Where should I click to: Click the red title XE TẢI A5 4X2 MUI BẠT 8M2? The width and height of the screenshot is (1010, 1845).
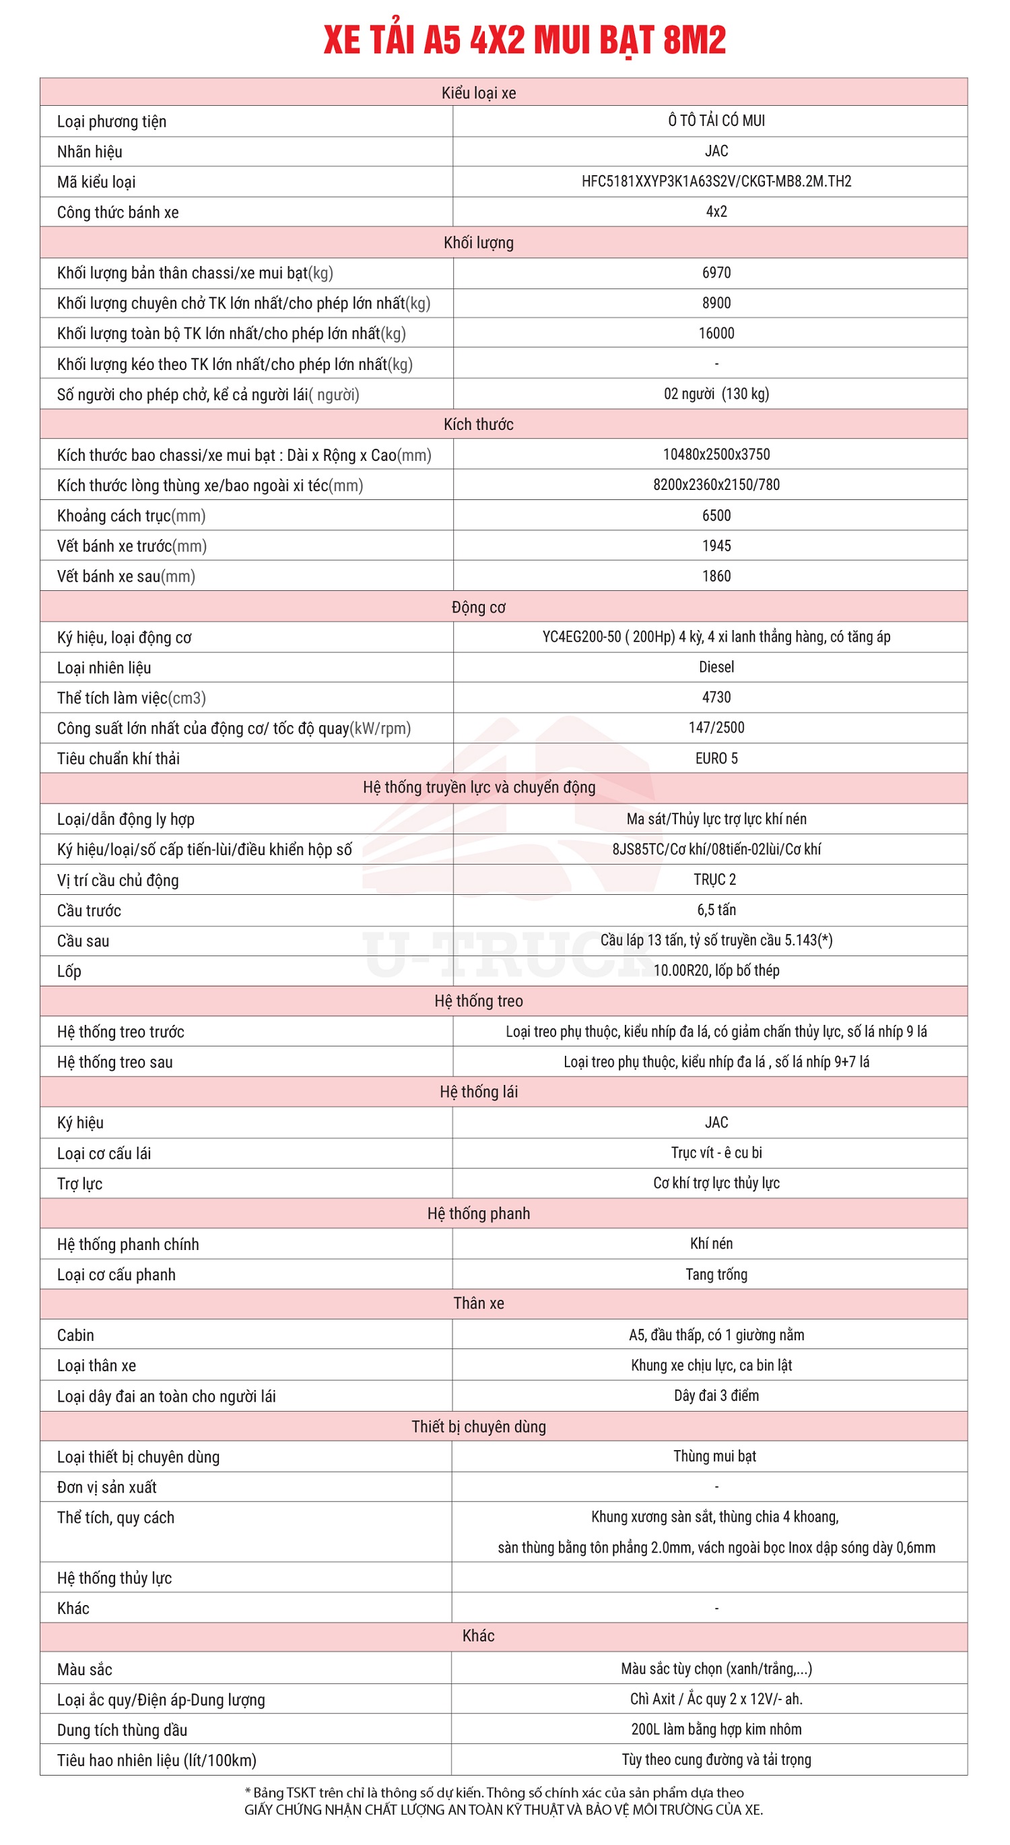524,40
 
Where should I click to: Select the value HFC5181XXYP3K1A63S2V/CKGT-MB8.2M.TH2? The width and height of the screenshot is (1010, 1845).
716,181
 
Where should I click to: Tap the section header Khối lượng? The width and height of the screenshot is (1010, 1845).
478,243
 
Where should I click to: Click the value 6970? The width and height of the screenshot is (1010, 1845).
716,273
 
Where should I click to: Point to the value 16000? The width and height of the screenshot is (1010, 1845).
716,333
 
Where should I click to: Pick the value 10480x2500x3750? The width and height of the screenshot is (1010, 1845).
716,454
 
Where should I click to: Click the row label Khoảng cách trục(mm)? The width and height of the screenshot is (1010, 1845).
131,515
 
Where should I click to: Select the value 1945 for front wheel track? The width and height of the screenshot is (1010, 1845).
716,546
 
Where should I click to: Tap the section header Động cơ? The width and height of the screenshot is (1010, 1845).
478,607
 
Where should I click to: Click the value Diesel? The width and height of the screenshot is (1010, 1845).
716,667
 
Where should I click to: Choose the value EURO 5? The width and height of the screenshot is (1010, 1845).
716,759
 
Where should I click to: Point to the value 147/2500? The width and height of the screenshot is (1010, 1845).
716,728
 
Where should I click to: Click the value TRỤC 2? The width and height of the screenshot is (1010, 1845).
714,879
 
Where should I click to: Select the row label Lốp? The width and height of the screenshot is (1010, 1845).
69,971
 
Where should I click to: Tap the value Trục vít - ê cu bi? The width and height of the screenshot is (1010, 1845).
716,1152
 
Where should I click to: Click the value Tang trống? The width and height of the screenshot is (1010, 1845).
716,1274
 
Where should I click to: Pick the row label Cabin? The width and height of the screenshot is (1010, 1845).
75,1335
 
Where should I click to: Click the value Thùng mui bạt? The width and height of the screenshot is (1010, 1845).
714,1456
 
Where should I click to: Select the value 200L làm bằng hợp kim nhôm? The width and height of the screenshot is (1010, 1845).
716,1729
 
